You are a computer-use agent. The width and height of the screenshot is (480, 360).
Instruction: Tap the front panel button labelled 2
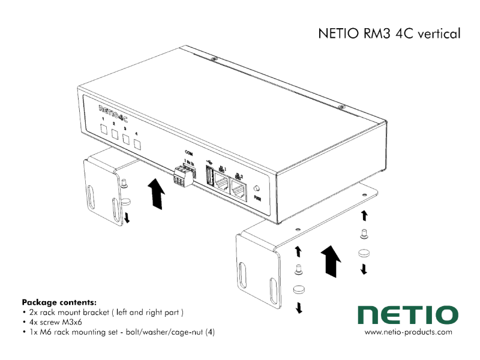[x=115, y=134]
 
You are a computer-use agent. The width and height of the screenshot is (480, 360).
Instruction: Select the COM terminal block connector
[x=184, y=175]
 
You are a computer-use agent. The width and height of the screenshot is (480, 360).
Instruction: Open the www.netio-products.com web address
[x=408, y=332]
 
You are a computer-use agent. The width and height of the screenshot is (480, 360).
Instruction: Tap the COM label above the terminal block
[x=188, y=152]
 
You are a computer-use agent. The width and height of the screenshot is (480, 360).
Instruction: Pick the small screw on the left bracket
[x=124, y=183]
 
